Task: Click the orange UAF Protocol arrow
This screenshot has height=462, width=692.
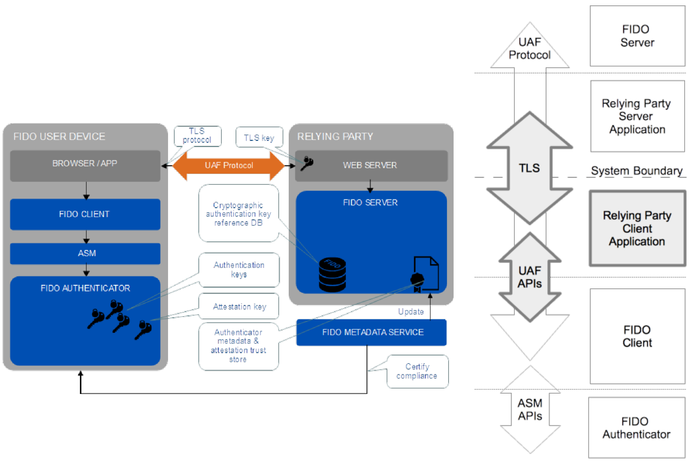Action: [229, 165]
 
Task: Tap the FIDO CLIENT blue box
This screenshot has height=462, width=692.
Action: [85, 214]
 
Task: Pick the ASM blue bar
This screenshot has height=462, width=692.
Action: [85, 253]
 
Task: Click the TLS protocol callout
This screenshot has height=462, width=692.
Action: [197, 136]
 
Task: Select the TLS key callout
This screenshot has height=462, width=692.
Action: [259, 138]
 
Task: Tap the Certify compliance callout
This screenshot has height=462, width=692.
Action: [417, 371]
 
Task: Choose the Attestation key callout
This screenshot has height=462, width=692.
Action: [239, 307]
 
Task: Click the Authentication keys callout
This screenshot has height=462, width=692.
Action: [239, 269]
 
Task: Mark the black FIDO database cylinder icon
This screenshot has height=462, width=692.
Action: [332, 274]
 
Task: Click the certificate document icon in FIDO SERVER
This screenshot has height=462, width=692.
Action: [425, 274]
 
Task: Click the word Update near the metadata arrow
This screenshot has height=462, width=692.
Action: [411, 312]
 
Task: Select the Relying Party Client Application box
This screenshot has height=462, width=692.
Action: [637, 228]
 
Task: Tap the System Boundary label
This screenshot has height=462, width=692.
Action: [637, 171]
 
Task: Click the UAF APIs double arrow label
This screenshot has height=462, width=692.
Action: [529, 277]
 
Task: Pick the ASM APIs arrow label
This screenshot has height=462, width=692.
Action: [530, 409]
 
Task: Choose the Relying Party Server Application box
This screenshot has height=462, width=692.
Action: [637, 116]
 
